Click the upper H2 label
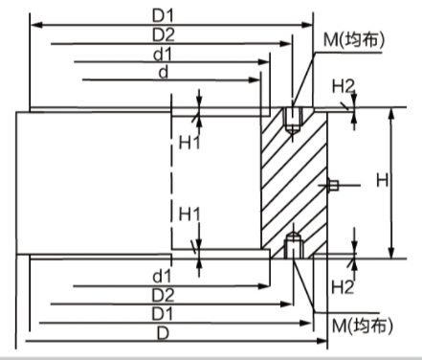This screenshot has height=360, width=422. [343, 87]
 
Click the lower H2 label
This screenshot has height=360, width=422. [343, 285]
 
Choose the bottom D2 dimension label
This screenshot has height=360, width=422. [163, 294]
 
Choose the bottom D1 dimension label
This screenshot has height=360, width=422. [163, 313]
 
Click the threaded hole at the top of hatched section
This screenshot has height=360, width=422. [294, 118]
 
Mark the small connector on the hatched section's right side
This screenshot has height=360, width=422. [334, 184]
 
